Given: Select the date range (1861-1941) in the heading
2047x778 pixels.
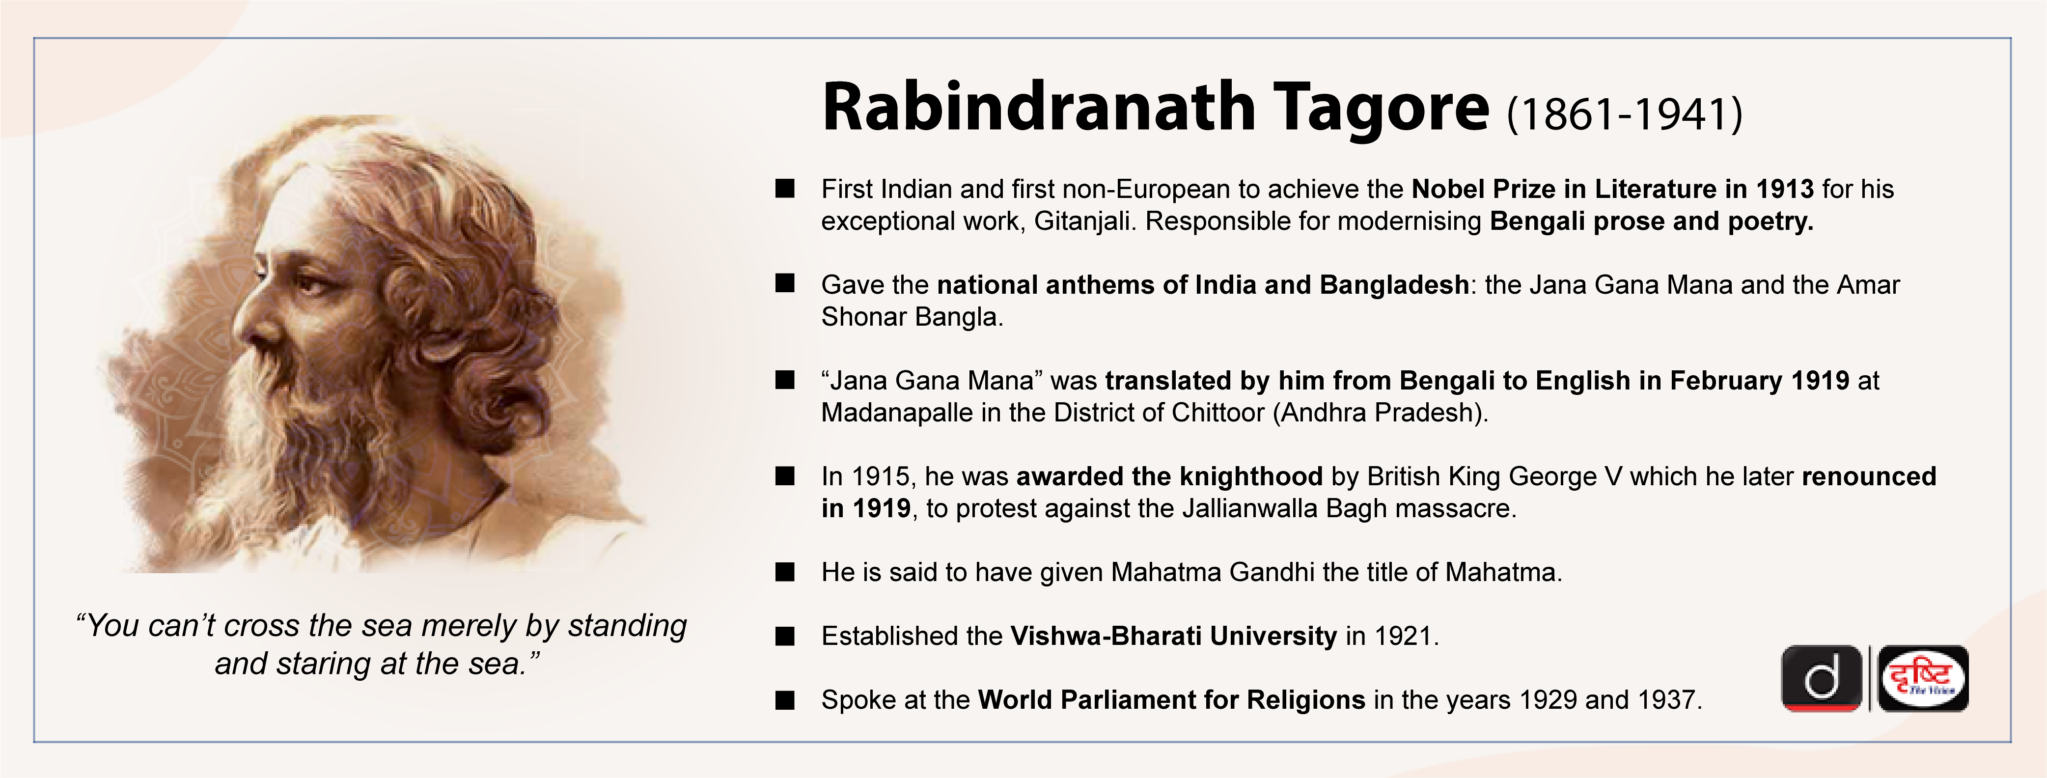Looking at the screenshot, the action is coord(1624,113).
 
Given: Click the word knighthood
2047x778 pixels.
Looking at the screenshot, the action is coord(1251,476).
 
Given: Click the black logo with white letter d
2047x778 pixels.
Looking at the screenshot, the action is coord(1821,679).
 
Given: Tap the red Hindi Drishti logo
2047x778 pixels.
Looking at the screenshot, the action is coord(1923,679).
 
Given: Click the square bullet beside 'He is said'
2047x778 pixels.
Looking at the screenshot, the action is coord(785,572).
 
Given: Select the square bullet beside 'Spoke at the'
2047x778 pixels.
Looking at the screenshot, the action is coord(785,700).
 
